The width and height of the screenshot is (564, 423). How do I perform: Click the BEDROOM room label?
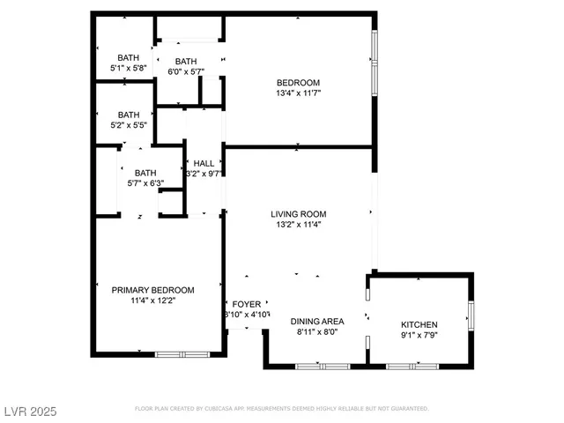pos(298,83)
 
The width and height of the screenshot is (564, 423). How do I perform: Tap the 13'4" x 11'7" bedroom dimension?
pos(298,93)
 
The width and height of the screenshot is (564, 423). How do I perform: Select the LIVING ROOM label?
pos(298,214)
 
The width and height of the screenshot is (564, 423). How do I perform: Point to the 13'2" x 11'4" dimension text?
pos(298,225)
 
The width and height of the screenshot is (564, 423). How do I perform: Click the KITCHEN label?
pos(419,325)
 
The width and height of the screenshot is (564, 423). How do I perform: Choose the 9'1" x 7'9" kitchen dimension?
pos(419,336)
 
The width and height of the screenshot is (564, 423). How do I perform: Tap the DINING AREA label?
pos(317,321)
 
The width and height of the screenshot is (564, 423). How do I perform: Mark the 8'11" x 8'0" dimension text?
pos(317,332)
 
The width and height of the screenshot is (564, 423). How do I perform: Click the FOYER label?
pos(247,304)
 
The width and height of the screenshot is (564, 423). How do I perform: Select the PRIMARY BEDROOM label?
pos(152,290)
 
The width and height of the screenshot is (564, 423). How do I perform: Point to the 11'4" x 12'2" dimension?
pos(152,301)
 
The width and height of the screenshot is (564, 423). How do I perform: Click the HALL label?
pos(204,163)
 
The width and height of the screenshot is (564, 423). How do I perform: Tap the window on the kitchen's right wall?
pos(471,315)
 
